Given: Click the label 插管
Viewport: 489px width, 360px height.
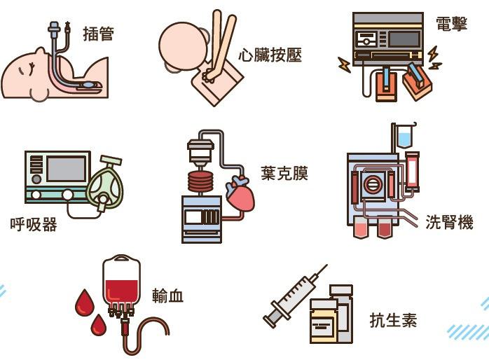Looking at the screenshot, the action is [x=98, y=33].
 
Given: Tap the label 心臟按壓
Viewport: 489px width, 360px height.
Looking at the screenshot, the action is [x=270, y=55].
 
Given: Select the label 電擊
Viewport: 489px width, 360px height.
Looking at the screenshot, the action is [x=451, y=24].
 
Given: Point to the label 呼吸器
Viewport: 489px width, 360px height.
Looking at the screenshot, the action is [x=34, y=225].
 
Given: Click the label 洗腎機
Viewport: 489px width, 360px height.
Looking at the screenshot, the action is [x=449, y=222].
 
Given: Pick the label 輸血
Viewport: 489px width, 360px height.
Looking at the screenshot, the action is [x=168, y=296].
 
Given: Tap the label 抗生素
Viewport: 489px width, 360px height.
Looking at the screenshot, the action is [x=393, y=321].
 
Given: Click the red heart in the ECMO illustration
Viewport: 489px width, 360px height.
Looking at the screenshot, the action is [x=240, y=195].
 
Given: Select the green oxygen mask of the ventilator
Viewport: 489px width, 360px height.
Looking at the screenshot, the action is [x=104, y=186].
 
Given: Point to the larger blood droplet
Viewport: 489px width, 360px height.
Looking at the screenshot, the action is [x=85, y=303].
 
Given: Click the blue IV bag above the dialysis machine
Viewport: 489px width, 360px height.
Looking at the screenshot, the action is [x=405, y=136].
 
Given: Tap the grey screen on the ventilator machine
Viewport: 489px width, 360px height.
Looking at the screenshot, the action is [x=66, y=169].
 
